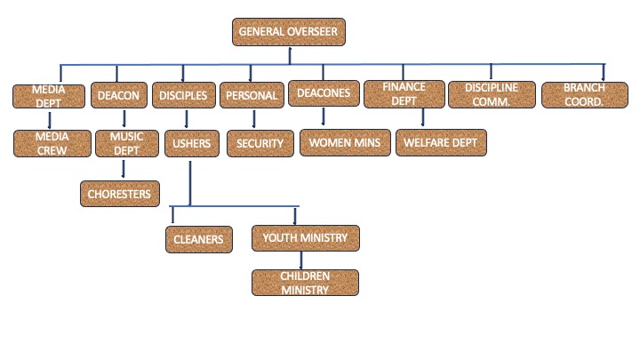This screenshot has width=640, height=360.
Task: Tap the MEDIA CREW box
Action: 53,143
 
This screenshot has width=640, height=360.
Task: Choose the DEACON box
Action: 120,95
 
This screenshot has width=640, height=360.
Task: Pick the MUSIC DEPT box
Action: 125,143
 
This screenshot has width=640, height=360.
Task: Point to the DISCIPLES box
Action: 184,95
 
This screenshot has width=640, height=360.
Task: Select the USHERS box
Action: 190,142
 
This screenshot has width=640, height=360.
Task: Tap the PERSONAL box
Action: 252,95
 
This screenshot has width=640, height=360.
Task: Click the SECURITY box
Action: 260,143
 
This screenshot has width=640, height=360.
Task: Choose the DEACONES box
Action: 322,95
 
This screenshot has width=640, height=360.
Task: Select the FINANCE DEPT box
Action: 404,94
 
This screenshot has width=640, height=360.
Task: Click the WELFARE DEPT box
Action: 440,142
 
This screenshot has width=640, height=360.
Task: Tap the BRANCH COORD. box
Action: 584,94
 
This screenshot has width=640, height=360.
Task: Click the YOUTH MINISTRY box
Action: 305,237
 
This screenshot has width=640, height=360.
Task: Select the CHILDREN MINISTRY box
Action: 305,283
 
